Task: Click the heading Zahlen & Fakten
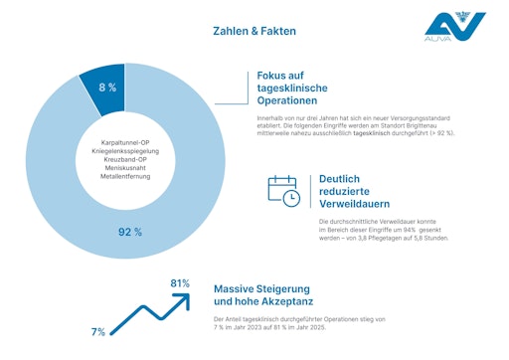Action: point(254,31)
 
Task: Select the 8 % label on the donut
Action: point(106,88)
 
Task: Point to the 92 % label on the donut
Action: point(130,232)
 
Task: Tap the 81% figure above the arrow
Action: point(180,283)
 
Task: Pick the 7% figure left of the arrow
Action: point(97,331)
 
